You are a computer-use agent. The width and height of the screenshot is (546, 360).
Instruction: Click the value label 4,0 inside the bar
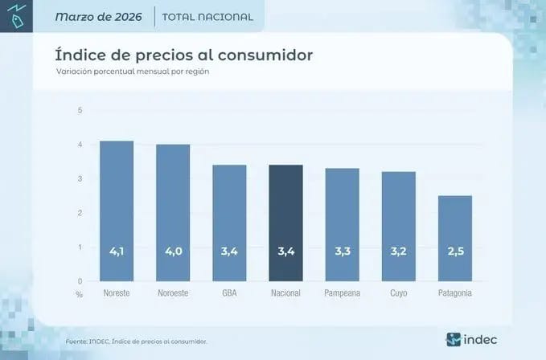click(173, 252)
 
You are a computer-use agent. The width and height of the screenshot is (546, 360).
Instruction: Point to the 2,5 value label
click(455, 252)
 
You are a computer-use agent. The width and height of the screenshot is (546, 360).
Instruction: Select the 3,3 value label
click(342, 252)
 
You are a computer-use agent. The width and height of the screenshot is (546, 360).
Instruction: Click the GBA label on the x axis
click(229, 293)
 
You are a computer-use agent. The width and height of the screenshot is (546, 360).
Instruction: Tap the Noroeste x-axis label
click(173, 293)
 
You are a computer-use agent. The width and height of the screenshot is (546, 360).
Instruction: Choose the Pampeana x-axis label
click(342, 293)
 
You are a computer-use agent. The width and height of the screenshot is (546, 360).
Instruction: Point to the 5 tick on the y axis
click(80, 110)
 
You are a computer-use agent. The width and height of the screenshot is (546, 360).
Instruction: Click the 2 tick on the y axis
click(80, 213)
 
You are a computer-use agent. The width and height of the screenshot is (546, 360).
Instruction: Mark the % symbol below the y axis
click(79, 294)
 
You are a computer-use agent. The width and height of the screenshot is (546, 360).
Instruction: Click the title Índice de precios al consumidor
click(183, 55)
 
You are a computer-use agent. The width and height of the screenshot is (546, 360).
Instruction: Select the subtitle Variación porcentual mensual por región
click(131, 72)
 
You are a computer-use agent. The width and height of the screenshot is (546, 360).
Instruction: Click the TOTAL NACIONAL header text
click(207, 17)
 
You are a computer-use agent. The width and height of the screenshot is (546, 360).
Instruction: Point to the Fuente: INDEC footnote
click(136, 342)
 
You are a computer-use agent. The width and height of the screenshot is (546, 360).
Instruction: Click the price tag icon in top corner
click(16, 15)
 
